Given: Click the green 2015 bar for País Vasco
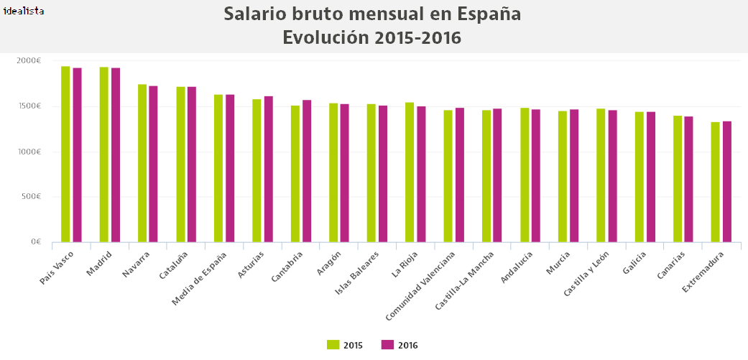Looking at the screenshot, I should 65,154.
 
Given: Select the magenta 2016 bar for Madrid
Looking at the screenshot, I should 116,154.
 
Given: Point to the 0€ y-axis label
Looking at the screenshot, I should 34,242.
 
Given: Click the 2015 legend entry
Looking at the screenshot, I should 345,345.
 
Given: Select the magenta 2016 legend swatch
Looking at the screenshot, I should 387,345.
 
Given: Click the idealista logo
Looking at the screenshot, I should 24,11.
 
